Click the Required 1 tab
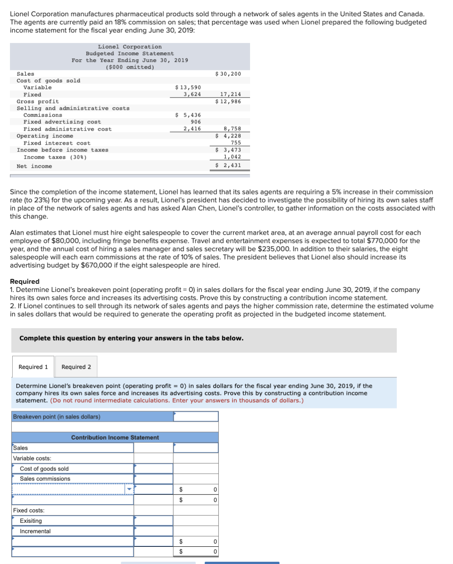pyautogui.click(x=33, y=367)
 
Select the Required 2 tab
pyautogui.click(x=76, y=367)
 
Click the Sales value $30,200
pyautogui.click(x=228, y=74)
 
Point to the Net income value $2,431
pyautogui.click(x=228, y=165)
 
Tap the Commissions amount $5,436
pyautogui.click(x=188, y=115)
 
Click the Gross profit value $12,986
pyautogui.click(x=228, y=101)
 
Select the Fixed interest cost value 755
pyautogui.click(x=236, y=143)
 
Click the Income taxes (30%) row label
pyautogui.click(x=55, y=157)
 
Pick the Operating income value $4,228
pyautogui.click(x=228, y=136)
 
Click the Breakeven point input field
pyautogui.click(x=196, y=416)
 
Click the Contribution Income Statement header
pyautogui.click(x=115, y=437)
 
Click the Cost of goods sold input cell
pyautogui.click(x=153, y=469)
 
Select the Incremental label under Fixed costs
pyautogui.click(x=35, y=531)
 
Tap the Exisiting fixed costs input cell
pyautogui.click(x=153, y=521)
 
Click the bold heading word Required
pyautogui.click(x=24, y=281)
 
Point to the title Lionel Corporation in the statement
pyautogui.click(x=130, y=47)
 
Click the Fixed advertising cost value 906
pyautogui.click(x=196, y=122)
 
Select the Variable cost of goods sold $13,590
pyautogui.click(x=188, y=87)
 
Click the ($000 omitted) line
pyautogui.click(x=130, y=67)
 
